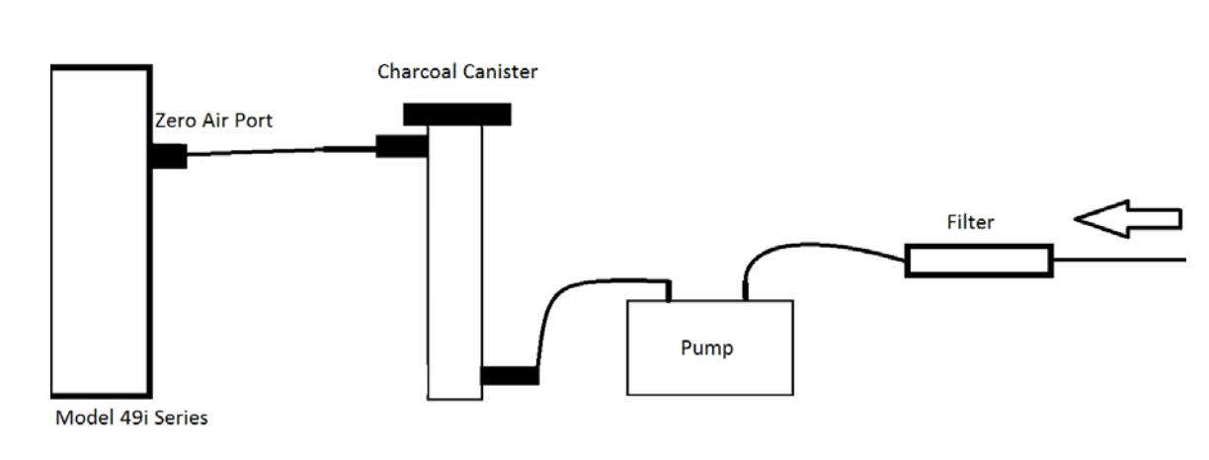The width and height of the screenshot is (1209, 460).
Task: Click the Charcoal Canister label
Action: tap(457, 72)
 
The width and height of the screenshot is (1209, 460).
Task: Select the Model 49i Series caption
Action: tap(130, 418)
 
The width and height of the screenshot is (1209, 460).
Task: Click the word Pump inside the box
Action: tap(706, 348)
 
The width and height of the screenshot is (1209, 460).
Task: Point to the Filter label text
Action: tap(970, 222)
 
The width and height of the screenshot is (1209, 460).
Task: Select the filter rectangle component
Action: tap(978, 262)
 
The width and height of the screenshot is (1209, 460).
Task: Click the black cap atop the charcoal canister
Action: tap(456, 115)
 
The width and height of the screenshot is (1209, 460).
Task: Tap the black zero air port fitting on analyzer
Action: tap(169, 156)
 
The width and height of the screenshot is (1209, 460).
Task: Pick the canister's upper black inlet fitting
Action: tap(401, 147)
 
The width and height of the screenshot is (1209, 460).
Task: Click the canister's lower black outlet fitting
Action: tap(510, 375)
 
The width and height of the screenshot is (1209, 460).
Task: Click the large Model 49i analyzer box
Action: tap(101, 230)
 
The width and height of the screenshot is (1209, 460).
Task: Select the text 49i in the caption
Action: tap(128, 418)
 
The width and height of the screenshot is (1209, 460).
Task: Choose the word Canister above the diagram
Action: tap(504, 72)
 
